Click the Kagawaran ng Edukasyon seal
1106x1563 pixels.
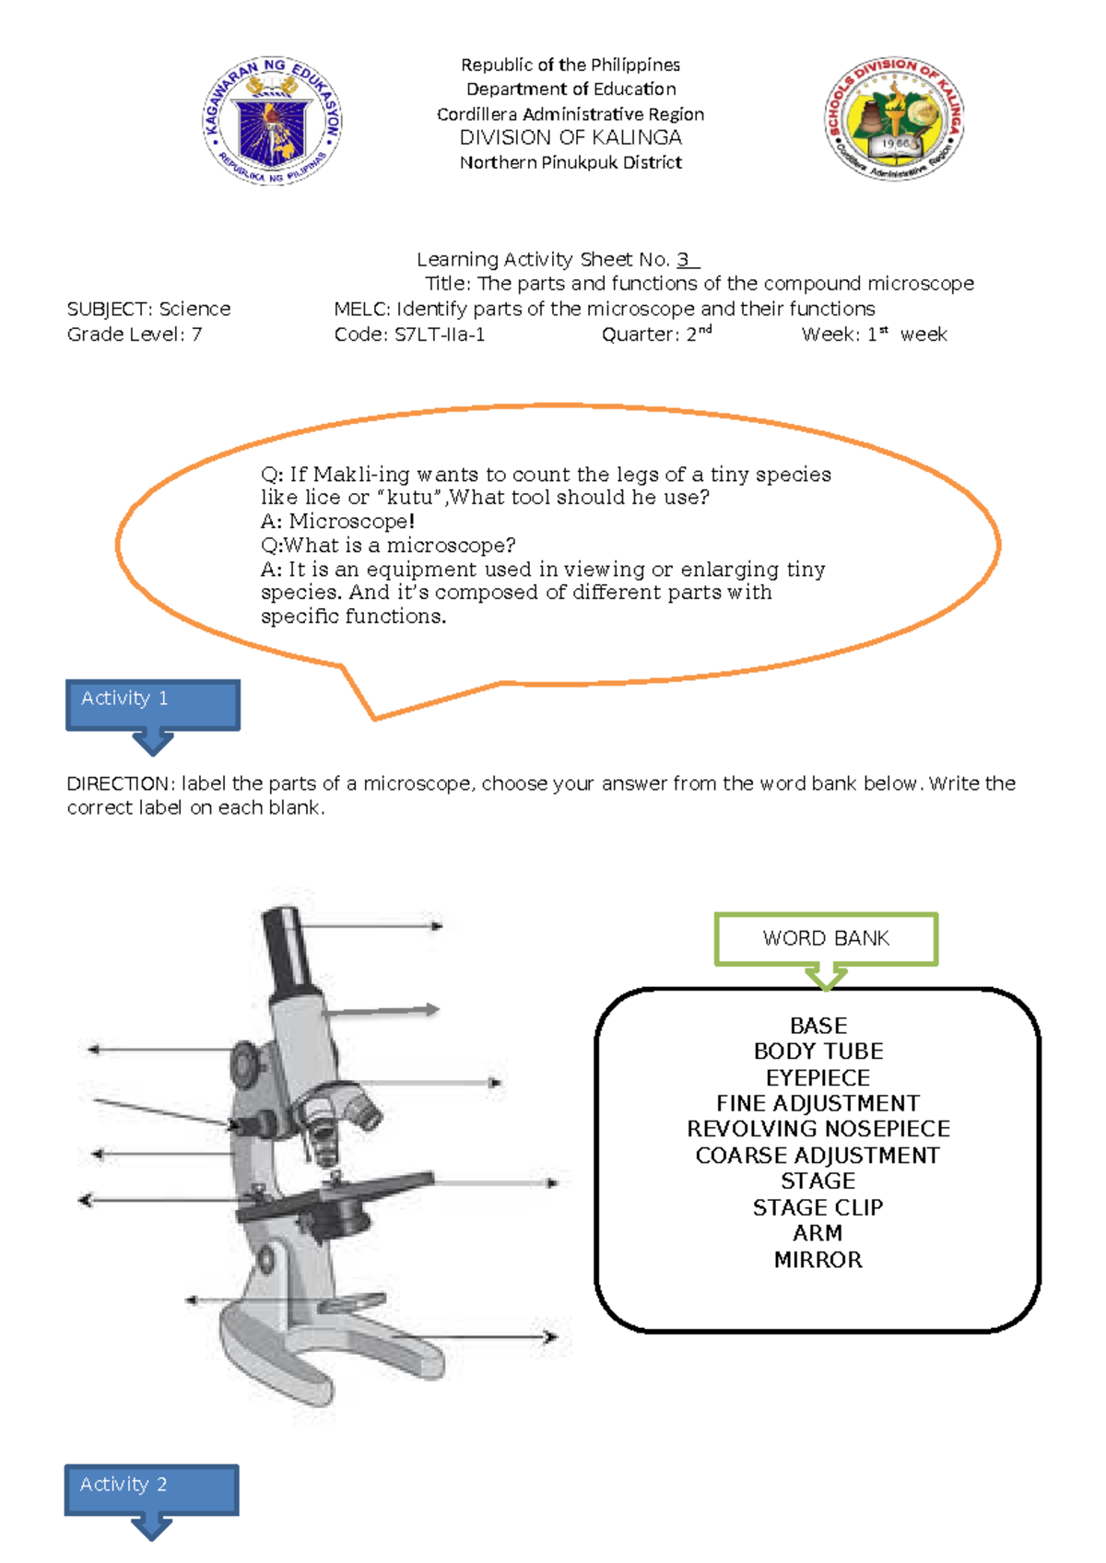(272, 120)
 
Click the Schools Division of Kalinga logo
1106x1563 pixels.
(894, 120)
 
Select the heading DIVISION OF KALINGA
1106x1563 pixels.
(571, 138)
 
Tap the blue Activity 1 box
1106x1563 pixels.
(153, 704)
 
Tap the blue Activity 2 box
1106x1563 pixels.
(152, 1488)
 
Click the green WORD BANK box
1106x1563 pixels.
(826, 939)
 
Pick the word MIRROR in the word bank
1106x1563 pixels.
(818, 1260)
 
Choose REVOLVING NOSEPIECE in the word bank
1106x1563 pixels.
(818, 1129)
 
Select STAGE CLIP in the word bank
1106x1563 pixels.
(818, 1207)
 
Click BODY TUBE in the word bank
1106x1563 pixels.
(818, 1052)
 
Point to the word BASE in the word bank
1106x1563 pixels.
(818, 1026)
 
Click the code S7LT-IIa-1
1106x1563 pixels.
(440, 335)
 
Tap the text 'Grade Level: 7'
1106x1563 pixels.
(135, 335)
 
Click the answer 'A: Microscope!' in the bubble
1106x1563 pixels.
(338, 522)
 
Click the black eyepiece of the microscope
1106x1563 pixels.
(288, 949)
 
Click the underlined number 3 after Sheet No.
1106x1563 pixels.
(683, 260)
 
